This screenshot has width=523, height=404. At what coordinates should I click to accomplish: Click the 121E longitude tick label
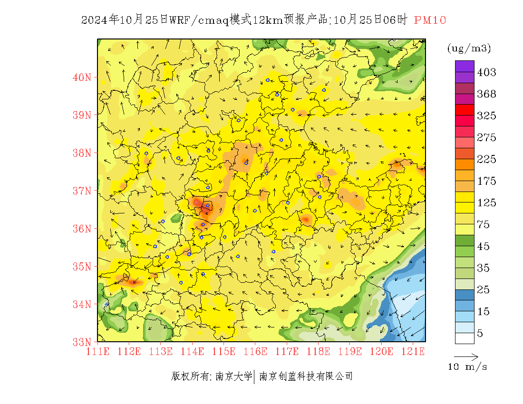[413, 352]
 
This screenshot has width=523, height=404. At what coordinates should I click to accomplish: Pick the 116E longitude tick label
[255, 352]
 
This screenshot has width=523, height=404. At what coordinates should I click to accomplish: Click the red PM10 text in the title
[430, 20]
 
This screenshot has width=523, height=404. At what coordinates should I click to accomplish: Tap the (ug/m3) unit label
[469, 48]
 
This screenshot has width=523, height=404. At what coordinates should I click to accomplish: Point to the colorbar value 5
[480, 333]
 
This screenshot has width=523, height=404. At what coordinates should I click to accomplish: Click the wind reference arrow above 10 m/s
[466, 356]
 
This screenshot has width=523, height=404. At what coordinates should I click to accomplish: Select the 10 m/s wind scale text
[468, 367]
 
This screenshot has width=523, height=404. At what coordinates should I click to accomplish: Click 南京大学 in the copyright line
[233, 376]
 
